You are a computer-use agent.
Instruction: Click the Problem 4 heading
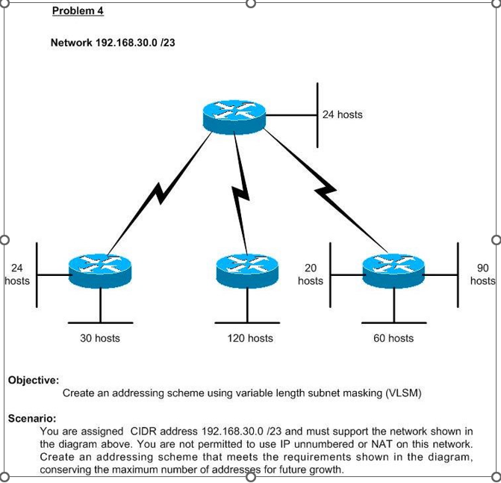(x=78, y=11)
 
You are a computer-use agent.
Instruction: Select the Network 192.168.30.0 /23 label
(x=113, y=43)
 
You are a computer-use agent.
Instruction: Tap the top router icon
(x=234, y=117)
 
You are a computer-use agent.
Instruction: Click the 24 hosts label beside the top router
(x=343, y=114)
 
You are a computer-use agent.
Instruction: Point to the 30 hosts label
(x=100, y=339)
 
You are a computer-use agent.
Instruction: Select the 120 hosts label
(x=250, y=339)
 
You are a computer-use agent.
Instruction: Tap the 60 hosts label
(x=393, y=339)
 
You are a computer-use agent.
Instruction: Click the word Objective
(x=34, y=380)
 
